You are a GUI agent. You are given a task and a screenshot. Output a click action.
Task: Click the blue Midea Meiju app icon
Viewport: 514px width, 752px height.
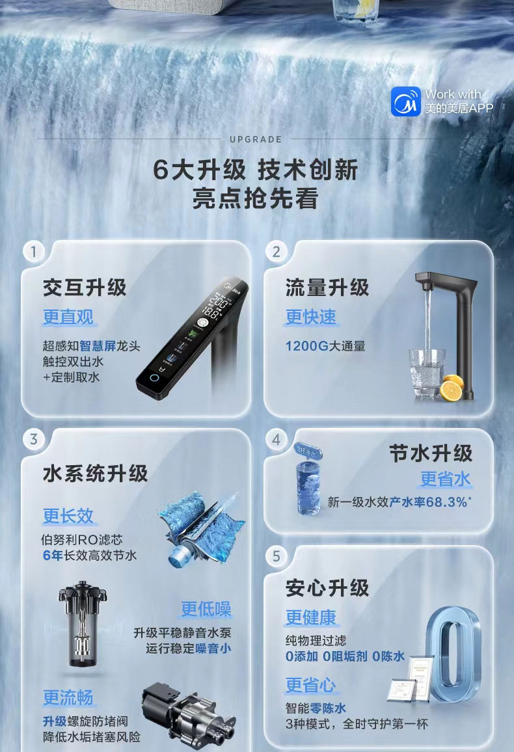tap(406, 101)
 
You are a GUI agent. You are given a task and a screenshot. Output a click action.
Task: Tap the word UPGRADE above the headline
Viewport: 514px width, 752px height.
tap(256, 139)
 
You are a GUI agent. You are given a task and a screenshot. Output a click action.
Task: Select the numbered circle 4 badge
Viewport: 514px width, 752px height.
tap(277, 440)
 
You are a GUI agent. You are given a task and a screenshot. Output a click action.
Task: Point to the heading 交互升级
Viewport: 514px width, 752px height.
tap(85, 287)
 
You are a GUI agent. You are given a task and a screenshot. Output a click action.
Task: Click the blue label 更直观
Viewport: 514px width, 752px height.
tap(68, 317)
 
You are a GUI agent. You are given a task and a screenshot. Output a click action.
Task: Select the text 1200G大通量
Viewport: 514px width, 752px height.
tap(325, 345)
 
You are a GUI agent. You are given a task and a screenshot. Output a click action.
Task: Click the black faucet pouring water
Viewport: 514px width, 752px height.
tap(455, 325)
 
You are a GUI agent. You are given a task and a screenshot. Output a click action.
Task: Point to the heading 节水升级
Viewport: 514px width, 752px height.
tap(431, 453)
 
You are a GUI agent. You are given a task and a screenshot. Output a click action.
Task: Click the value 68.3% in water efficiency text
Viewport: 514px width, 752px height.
tap(448, 502)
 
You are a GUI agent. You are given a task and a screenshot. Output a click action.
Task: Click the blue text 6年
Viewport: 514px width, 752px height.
tap(52, 555)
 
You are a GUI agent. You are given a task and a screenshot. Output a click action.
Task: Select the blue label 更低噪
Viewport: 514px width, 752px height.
tap(206, 609)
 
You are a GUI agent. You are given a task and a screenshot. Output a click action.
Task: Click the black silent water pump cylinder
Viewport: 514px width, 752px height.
tap(82, 624)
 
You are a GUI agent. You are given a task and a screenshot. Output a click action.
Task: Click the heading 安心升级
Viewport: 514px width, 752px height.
tap(327, 587)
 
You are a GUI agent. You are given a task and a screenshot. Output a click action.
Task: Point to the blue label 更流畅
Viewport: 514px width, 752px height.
tap(68, 697)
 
